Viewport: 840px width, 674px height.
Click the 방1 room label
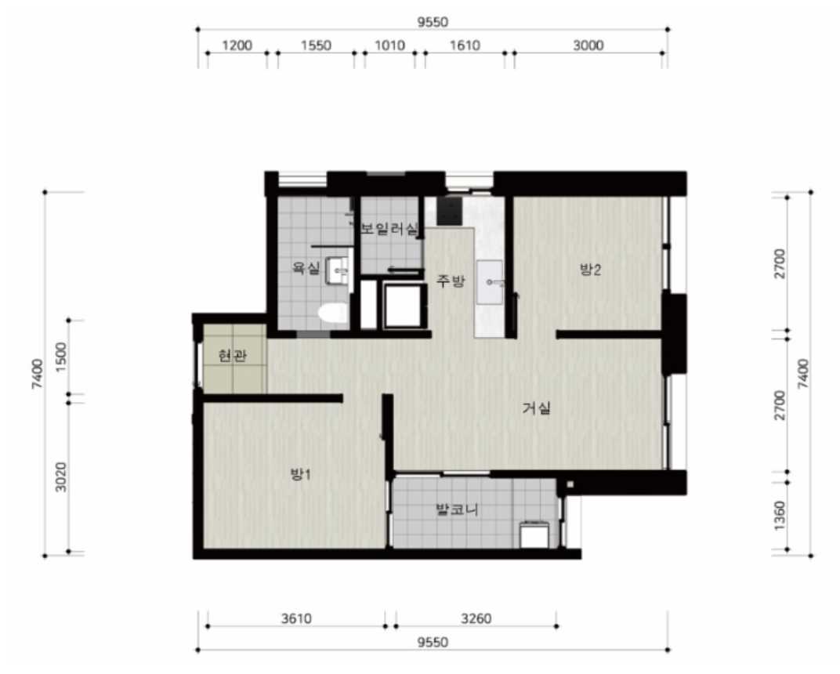coord(301,474)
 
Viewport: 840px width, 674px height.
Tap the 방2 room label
coord(590,269)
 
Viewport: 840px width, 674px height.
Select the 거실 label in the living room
coord(537,408)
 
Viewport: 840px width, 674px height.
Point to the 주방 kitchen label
coord(451,281)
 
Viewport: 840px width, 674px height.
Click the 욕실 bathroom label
coord(306,267)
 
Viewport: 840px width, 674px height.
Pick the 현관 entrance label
coord(233,355)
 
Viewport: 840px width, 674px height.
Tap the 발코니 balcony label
coord(457,509)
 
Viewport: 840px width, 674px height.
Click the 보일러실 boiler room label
coord(389,230)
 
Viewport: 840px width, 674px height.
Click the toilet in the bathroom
coord(333,313)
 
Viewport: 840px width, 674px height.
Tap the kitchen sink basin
coord(491,282)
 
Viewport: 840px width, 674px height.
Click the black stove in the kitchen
coord(449,211)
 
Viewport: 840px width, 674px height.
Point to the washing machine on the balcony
coord(534,534)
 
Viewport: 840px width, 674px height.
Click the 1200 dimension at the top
coord(237,45)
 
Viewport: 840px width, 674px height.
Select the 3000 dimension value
coord(588,45)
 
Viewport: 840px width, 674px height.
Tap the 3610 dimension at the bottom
coord(296,619)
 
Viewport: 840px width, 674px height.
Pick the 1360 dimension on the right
coord(780,516)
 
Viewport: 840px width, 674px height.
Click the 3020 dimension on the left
coord(62,477)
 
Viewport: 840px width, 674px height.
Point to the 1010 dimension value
coord(389,45)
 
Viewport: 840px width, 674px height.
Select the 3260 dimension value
coord(476,619)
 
